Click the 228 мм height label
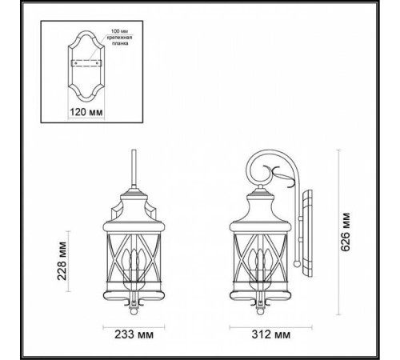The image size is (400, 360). tap(63, 259)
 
